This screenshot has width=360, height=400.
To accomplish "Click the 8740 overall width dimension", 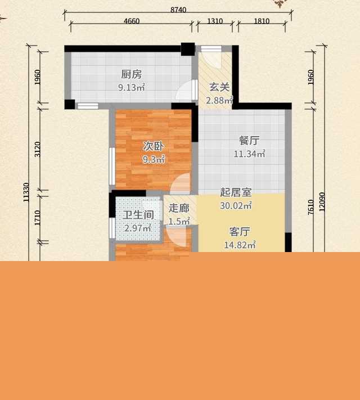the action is tap(178, 10).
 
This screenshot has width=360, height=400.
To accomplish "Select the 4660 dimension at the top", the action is tap(132, 21).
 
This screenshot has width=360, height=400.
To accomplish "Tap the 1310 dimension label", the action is tap(215, 21).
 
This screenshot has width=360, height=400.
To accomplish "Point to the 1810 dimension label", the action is tap(262, 21).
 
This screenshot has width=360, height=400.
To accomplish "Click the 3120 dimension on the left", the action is tap(37, 149).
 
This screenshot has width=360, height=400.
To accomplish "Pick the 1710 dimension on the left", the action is tap(37, 218).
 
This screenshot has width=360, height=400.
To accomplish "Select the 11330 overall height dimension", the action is tap(26, 192).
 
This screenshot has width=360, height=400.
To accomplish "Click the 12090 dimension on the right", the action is tap(322, 202).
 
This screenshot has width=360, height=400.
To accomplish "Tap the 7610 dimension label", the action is tap(310, 207).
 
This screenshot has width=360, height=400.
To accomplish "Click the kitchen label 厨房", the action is tap(132, 74).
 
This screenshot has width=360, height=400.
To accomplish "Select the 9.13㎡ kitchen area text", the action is tap(132, 88).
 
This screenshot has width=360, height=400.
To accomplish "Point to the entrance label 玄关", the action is tap(219, 87).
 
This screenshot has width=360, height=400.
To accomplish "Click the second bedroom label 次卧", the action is tap(153, 146).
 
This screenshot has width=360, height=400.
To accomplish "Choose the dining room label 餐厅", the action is tap(249, 141).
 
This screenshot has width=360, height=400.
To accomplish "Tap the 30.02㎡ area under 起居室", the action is tap(236, 205).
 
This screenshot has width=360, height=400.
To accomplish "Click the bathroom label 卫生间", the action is tap(138, 215).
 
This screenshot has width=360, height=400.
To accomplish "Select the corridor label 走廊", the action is tap(179, 208).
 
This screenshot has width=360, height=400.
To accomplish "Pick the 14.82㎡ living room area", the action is tap(240, 245).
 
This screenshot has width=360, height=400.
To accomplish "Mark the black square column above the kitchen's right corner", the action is tap(188, 49).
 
